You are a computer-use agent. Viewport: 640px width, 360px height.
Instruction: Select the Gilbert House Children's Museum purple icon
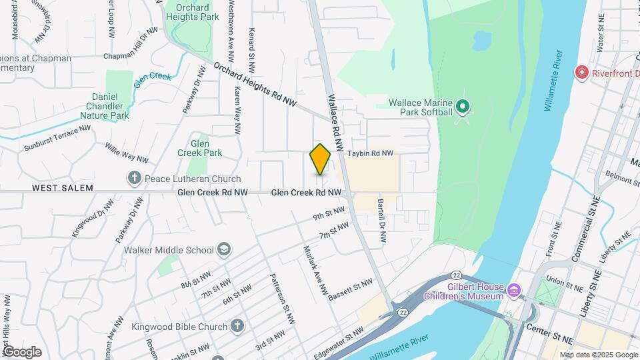tap(513, 291)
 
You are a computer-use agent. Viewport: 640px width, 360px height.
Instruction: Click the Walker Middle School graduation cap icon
tap(225, 250)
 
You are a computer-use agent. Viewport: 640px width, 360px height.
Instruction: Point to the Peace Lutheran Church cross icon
tap(135, 178)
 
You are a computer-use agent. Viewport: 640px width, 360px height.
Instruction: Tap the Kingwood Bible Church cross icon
tap(237, 326)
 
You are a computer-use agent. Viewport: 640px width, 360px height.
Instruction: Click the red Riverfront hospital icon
tap(582, 72)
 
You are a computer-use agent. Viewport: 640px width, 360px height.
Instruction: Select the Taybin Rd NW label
tap(371, 153)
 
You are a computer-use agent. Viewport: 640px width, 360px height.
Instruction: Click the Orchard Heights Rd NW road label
tap(255, 83)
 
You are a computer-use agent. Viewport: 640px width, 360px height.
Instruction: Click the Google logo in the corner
tap(21, 351)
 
